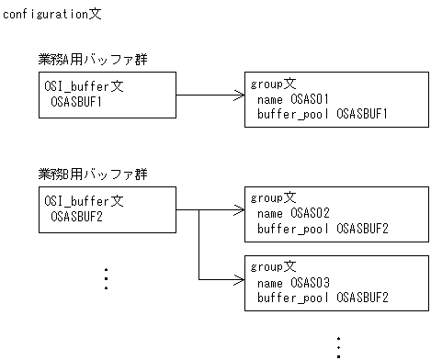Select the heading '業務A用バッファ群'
coord(93,60)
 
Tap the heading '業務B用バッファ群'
coord(93,174)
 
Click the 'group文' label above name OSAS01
coord(273,84)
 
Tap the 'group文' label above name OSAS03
coord(273,267)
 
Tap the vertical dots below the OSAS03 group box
coord(337,347)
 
